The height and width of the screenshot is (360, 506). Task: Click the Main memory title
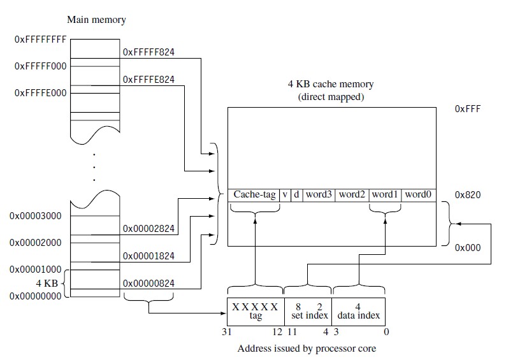tap(96, 20)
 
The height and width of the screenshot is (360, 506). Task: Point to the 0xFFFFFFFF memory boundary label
tap(40, 39)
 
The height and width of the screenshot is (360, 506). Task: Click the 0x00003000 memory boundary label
tap(35, 216)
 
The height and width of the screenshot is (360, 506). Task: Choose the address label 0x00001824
tap(148, 256)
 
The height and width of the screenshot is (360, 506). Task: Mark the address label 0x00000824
tap(148, 283)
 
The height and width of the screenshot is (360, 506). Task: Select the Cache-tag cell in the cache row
tap(255, 194)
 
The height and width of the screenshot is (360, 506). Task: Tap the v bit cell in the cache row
tap(286, 194)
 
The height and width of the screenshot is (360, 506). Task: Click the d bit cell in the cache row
tap(296, 194)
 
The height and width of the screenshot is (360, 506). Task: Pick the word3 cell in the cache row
tap(319, 194)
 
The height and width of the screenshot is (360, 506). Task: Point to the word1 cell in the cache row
tap(385, 194)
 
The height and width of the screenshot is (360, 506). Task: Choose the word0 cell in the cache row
tap(419, 194)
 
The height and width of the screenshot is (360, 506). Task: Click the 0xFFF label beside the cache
tap(467, 109)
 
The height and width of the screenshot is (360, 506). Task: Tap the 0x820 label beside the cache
tap(467, 194)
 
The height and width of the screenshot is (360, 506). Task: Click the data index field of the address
tap(358, 311)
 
